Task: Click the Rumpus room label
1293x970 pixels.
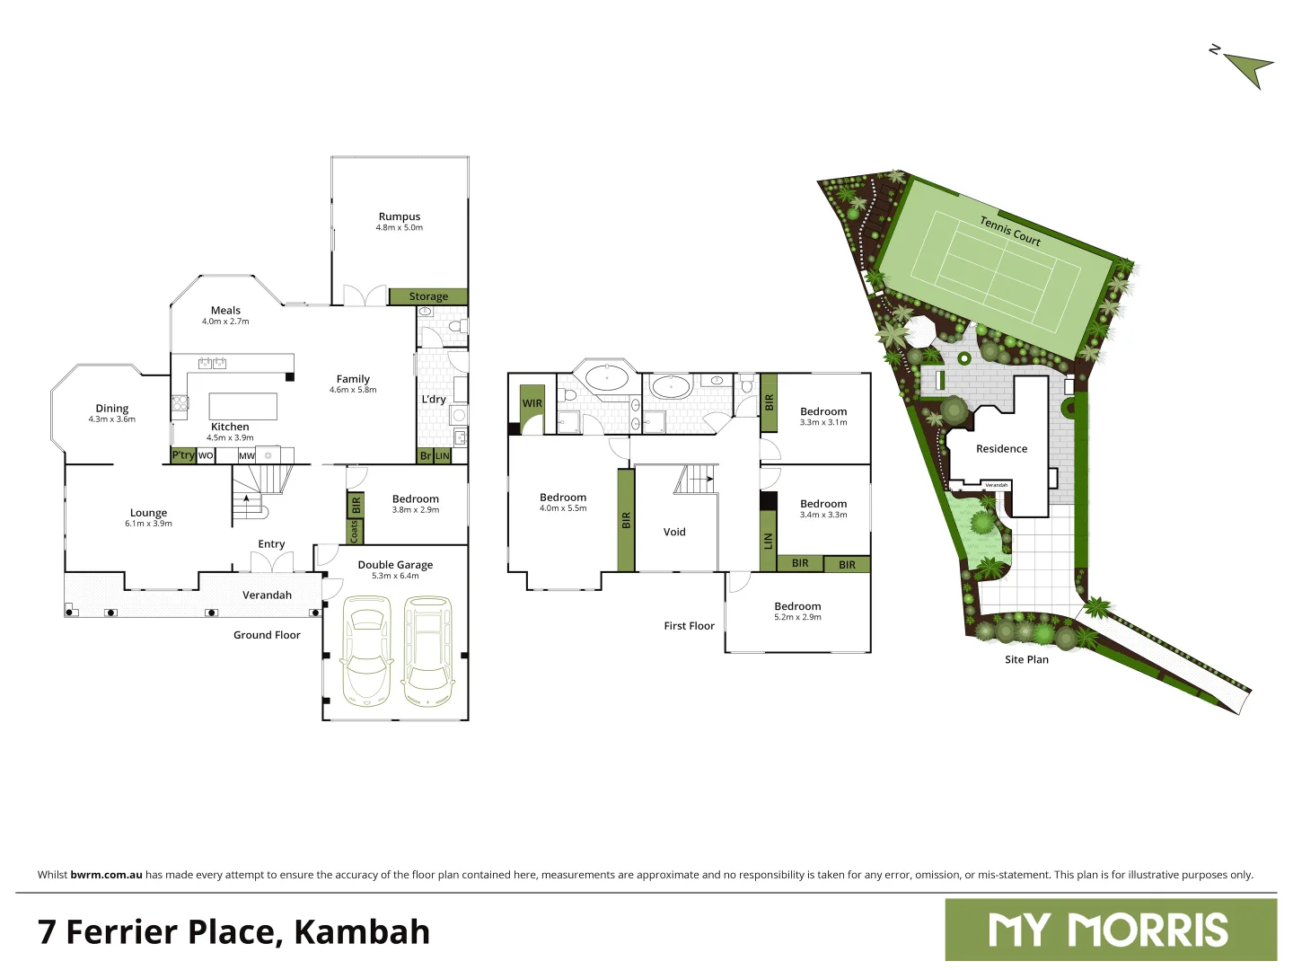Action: point(400,216)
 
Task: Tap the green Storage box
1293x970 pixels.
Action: point(428,296)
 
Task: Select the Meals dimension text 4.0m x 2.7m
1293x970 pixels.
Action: point(225,322)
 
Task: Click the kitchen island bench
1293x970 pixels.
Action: point(242,406)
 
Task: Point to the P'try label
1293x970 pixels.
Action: point(183,455)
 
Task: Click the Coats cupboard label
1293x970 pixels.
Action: point(355,532)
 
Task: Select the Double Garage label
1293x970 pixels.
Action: point(395,565)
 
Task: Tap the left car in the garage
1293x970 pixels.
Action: point(366,656)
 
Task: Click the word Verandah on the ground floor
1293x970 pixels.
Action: point(267,595)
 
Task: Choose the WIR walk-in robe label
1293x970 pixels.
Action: point(532,403)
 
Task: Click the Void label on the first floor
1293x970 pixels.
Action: point(674,532)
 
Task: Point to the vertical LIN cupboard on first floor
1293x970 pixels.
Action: point(768,541)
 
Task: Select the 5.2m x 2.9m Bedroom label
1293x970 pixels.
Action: point(797,611)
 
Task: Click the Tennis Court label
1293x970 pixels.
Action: point(1010,231)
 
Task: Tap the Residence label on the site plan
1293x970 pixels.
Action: point(1001,449)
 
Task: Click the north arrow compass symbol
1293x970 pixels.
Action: point(1248,67)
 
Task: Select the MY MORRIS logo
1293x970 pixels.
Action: point(1110,930)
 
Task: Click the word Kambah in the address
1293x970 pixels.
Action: point(362,932)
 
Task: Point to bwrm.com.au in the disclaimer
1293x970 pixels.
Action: point(106,875)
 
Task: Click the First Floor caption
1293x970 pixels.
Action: point(689,626)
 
